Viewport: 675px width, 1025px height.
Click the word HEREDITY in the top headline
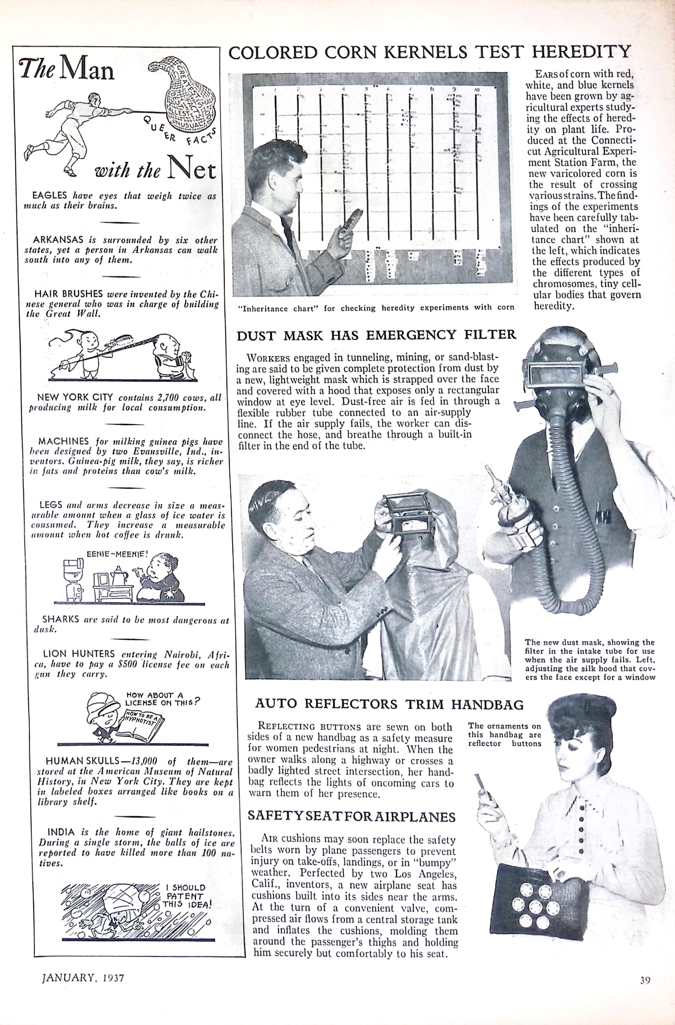pyautogui.click(x=581, y=52)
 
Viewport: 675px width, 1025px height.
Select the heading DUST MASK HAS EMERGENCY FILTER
pyautogui.click(x=376, y=335)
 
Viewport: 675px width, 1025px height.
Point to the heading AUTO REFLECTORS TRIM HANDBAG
pyautogui.click(x=389, y=704)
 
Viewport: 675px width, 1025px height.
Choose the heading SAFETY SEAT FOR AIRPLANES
pyautogui.click(x=351, y=817)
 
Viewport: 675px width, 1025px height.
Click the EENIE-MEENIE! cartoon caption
pyautogui.click(x=117, y=554)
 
